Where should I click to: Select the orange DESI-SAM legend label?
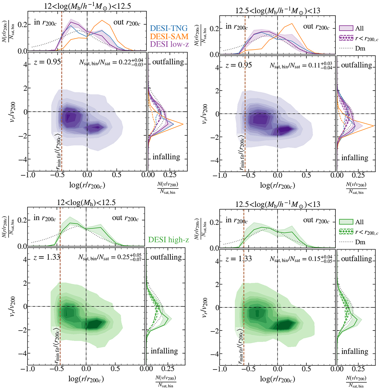click(x=169, y=36)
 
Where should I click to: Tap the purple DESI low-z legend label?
click(x=169, y=44)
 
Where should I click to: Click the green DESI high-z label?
click(x=169, y=239)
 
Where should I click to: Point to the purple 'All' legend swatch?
click(x=346, y=28)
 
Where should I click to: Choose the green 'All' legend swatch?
click(x=346, y=222)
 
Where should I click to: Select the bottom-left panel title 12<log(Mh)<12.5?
click(x=86, y=202)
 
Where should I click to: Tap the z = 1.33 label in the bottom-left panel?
click(x=47, y=257)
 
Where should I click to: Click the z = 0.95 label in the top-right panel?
click(x=238, y=65)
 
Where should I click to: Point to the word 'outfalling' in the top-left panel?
click(x=168, y=62)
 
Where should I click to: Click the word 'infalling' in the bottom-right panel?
click(x=355, y=352)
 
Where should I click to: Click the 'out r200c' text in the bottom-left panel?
click(x=125, y=218)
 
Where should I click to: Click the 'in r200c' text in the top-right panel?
click(x=237, y=27)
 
